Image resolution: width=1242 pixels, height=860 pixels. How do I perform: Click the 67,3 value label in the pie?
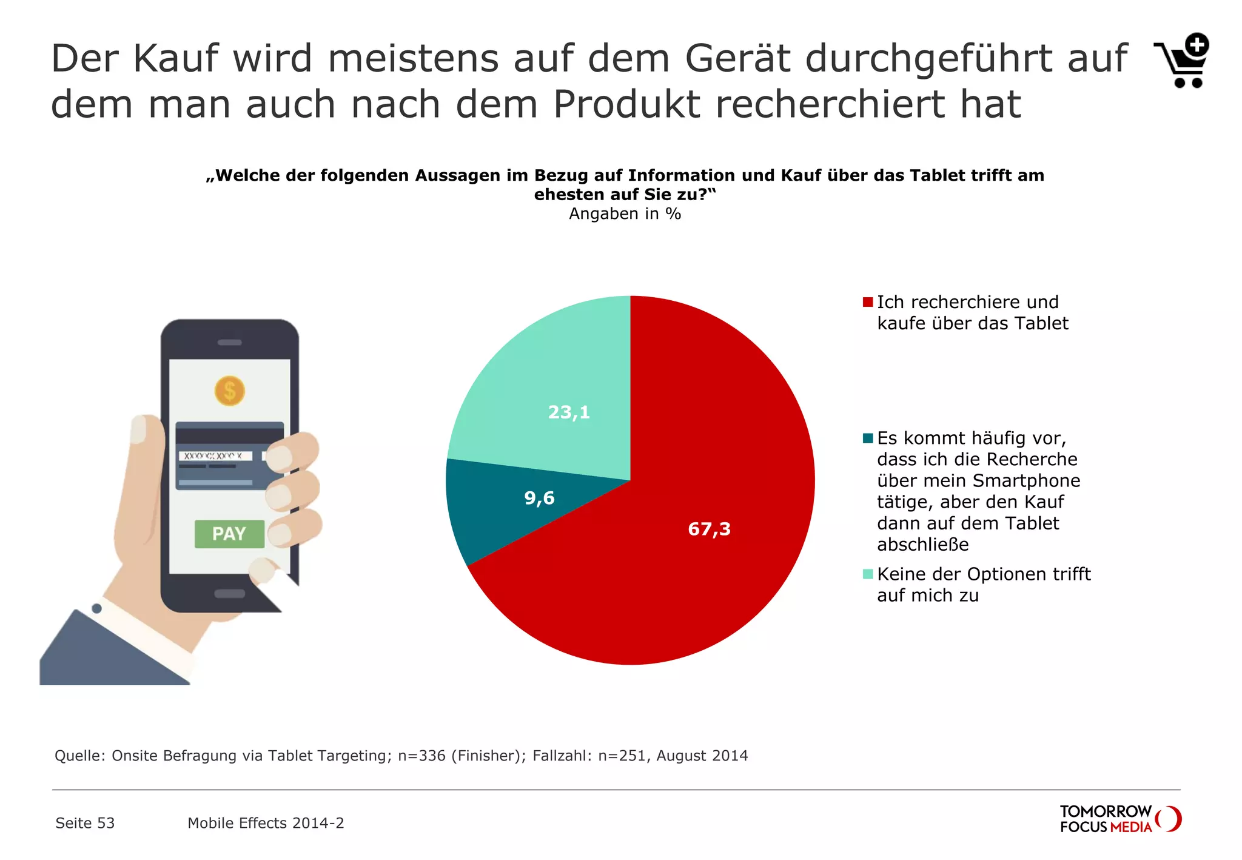pos(709,529)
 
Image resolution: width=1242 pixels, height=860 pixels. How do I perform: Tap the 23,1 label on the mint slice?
pos(569,412)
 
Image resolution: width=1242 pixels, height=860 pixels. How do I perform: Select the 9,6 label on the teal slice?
pos(539,498)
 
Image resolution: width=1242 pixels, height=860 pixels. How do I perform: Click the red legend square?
pos(867,302)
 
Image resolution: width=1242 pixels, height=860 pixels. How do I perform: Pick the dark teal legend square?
pos(867,438)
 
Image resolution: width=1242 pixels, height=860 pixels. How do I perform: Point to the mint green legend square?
pos(867,574)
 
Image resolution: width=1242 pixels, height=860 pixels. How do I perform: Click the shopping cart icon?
pos(1183,61)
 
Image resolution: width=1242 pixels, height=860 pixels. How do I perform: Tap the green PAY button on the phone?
pos(229,534)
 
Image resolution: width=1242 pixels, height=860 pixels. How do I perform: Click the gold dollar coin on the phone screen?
pos(229,391)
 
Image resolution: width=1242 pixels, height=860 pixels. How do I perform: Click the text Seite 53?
pos(85,823)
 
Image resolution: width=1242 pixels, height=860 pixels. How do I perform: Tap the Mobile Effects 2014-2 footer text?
pos(266,823)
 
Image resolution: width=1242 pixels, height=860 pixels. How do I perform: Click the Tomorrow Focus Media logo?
pos(1119,819)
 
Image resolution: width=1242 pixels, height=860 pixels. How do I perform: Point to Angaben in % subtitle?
pos(625,214)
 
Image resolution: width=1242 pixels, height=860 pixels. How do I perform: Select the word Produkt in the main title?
pos(626,104)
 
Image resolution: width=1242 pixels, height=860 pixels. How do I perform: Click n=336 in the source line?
pos(421,756)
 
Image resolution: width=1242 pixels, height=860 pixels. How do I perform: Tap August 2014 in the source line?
pos(702,756)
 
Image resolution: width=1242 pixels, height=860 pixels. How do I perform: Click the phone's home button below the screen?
pos(229,594)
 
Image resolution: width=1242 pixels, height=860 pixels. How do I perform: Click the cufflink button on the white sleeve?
pos(96,608)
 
